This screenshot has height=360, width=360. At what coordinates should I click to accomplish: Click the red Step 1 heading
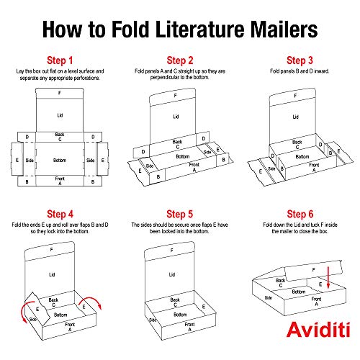[60, 60]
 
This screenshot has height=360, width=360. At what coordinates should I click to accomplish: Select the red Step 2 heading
[180, 60]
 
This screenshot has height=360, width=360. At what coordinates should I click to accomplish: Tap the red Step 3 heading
[299, 60]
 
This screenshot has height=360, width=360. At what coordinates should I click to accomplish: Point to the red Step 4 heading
[60, 213]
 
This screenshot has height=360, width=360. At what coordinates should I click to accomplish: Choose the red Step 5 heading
[180, 213]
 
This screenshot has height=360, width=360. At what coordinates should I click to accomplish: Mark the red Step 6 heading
[299, 213]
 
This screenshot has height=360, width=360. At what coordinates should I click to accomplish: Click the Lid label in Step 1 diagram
[60, 114]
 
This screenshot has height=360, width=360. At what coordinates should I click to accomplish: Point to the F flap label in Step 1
[60, 94]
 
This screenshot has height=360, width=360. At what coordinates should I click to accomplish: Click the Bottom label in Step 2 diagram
[183, 156]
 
